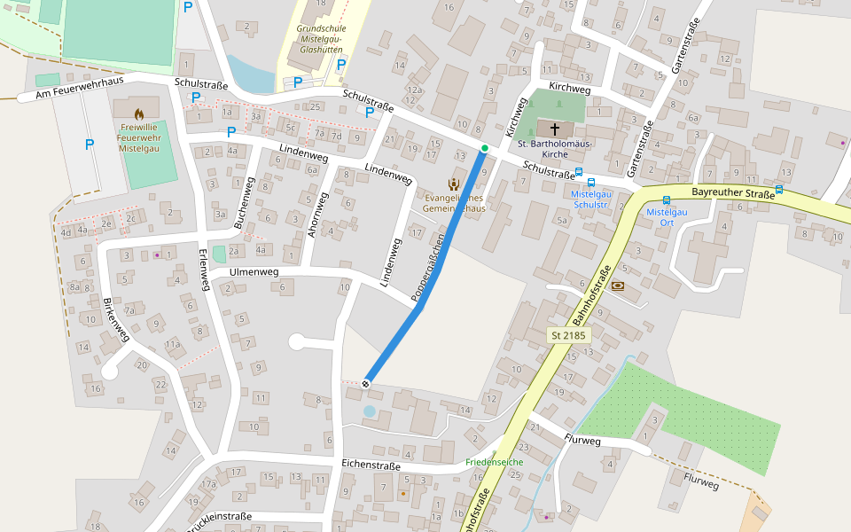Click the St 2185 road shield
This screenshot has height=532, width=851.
tap(569, 335)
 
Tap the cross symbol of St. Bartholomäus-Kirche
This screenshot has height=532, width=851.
tap(556, 129)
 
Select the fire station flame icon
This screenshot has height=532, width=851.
tap(139, 113)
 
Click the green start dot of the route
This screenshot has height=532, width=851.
tap(484, 148)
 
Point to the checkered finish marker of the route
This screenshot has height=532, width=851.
tap(365, 383)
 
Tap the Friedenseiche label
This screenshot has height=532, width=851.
tap(494, 462)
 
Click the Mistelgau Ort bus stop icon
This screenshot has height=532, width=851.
tap(667, 200)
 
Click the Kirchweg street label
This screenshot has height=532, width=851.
tap(569, 89)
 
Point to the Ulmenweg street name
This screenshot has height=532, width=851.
tap(254, 272)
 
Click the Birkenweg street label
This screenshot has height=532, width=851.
tap(116, 318)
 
